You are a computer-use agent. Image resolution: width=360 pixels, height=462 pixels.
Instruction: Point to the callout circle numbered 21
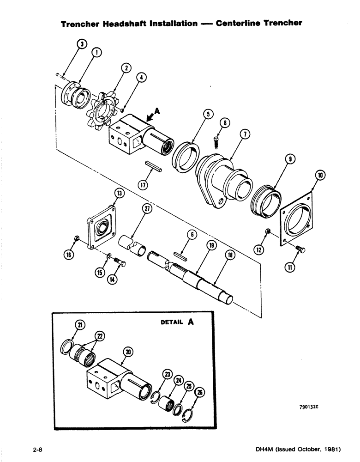(80, 326)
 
